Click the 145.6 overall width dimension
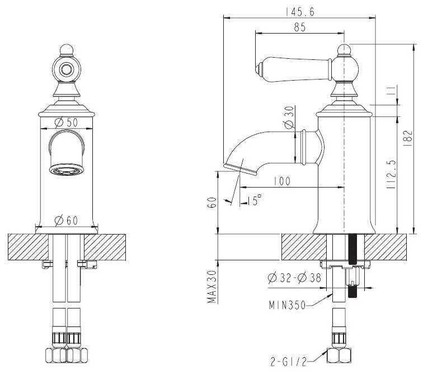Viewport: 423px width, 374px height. tap(300, 12)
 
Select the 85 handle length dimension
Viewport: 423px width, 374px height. tap(300, 27)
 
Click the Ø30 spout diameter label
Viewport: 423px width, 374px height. tap(289, 117)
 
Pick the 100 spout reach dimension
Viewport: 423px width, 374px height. tap(282, 181)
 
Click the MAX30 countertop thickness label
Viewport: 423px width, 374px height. tap(212, 287)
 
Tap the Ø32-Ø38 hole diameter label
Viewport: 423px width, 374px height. tap(294, 278)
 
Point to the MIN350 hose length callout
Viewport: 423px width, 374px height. tap(287, 305)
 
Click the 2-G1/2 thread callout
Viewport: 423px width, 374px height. tap(288, 362)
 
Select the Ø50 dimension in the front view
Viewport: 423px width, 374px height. tap(66, 122)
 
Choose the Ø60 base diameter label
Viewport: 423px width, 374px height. tap(66, 221)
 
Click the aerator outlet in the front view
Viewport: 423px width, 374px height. tap(67, 170)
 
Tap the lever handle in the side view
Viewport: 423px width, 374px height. tap(294, 69)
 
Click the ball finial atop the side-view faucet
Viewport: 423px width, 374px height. tap(344, 50)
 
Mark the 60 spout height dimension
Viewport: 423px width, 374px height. tap(212, 203)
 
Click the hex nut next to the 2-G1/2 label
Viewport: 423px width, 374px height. tap(339, 356)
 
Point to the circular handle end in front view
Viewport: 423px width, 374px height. tap(66, 69)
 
